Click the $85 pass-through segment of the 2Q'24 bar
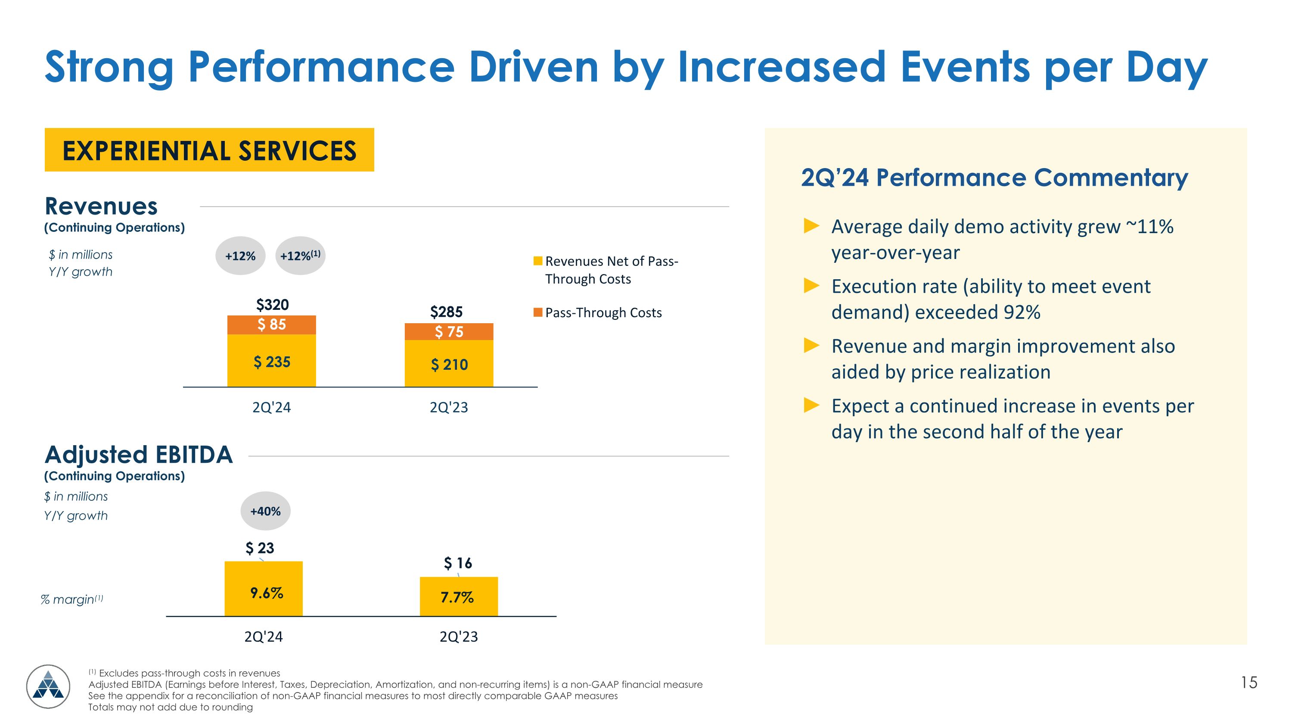tap(271, 324)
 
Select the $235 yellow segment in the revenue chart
tap(271, 361)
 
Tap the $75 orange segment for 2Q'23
tap(449, 332)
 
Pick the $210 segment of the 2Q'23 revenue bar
tap(449, 364)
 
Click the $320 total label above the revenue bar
tap(272, 305)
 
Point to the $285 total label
tap(446, 312)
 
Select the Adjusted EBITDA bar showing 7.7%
tap(458, 596)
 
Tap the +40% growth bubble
tap(265, 511)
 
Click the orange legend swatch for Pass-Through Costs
tap(537, 312)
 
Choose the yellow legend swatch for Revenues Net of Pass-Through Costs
tap(537, 261)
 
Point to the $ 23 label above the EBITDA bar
tap(260, 548)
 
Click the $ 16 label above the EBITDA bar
tap(458, 563)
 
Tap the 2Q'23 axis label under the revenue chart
tap(449, 407)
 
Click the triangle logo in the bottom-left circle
tap(48, 686)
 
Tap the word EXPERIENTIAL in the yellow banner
tap(146, 151)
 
